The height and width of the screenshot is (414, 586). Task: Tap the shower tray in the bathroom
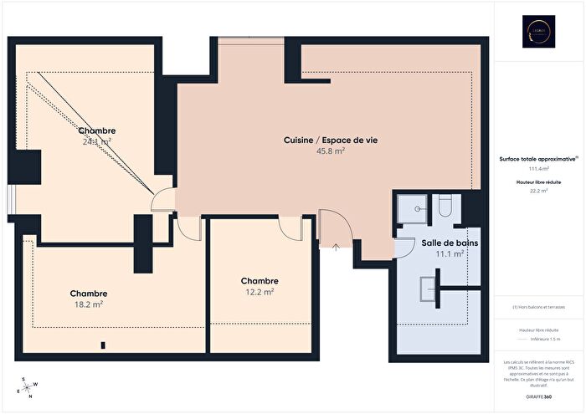pos(411,205)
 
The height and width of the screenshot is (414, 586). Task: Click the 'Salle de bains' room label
pos(443,242)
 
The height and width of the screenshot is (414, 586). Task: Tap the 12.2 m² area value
pos(260,292)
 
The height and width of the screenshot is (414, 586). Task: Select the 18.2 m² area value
pos(89,304)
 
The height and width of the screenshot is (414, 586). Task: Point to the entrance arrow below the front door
pos(336,247)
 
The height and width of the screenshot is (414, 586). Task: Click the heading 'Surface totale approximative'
pos(537,157)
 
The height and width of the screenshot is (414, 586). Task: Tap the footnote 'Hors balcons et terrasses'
pos(538,307)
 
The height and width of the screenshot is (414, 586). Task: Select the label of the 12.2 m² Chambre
pos(260,281)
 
